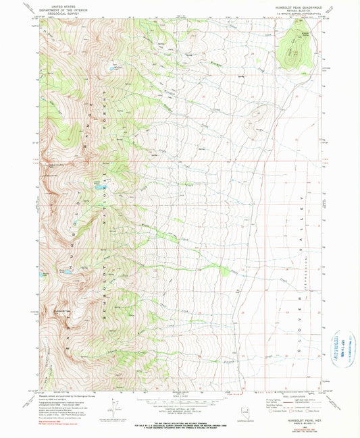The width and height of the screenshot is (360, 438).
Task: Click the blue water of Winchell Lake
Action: pos(107,68)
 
